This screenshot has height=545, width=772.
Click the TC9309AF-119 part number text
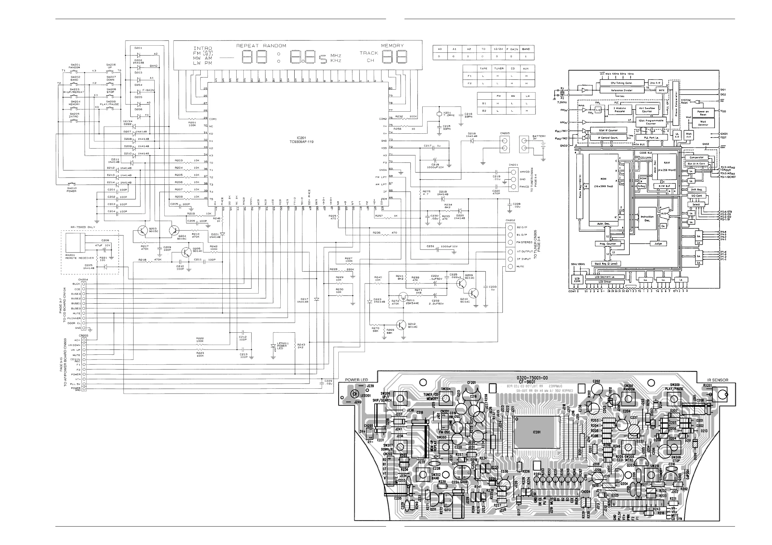(x=301, y=142)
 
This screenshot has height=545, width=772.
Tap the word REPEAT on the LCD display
(x=248, y=46)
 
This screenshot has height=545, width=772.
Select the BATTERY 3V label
(x=539, y=137)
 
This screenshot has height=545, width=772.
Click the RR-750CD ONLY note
(x=83, y=227)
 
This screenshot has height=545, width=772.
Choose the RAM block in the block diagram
(x=666, y=167)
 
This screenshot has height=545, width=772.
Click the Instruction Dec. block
(x=647, y=218)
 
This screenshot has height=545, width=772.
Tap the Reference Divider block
(x=622, y=90)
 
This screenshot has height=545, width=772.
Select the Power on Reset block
(x=703, y=113)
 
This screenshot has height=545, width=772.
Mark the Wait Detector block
(x=703, y=123)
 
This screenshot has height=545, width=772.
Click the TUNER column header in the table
(x=499, y=69)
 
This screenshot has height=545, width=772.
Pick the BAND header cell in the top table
(x=526, y=49)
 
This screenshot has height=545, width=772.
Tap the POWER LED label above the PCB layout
(x=357, y=380)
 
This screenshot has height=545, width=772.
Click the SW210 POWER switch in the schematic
(x=72, y=185)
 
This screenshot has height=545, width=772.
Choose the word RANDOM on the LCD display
(x=275, y=46)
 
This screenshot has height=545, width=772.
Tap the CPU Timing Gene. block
(x=622, y=83)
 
